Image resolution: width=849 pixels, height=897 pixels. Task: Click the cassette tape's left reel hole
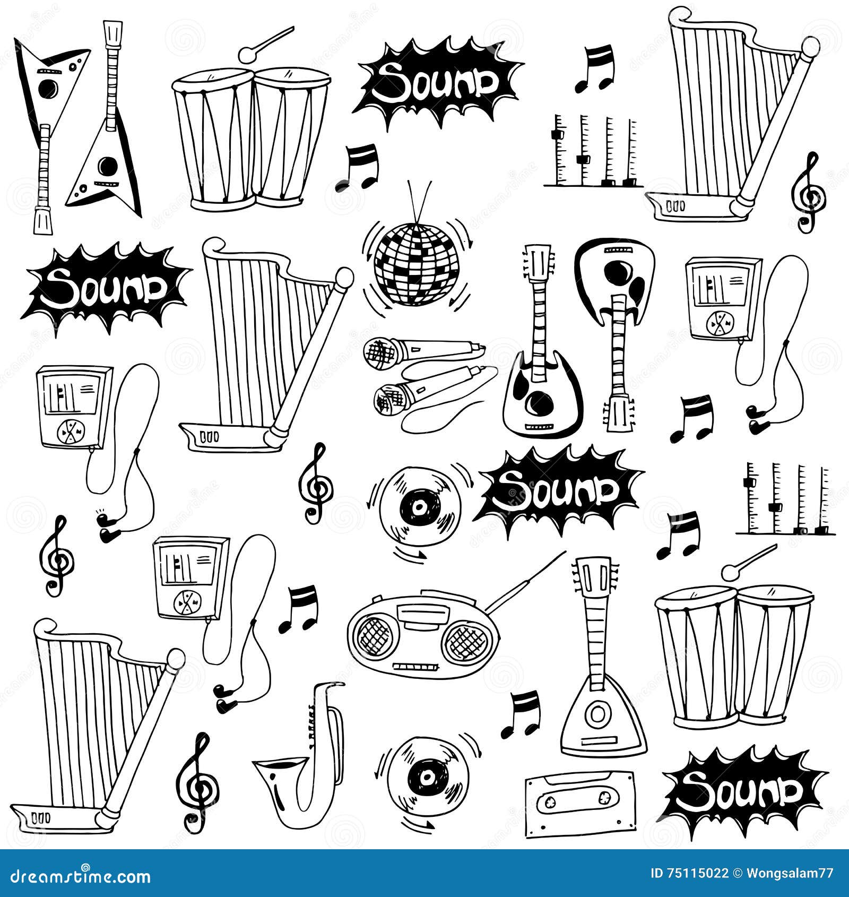click(x=552, y=800)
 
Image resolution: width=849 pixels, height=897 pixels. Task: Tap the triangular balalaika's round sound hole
click(x=598, y=714)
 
